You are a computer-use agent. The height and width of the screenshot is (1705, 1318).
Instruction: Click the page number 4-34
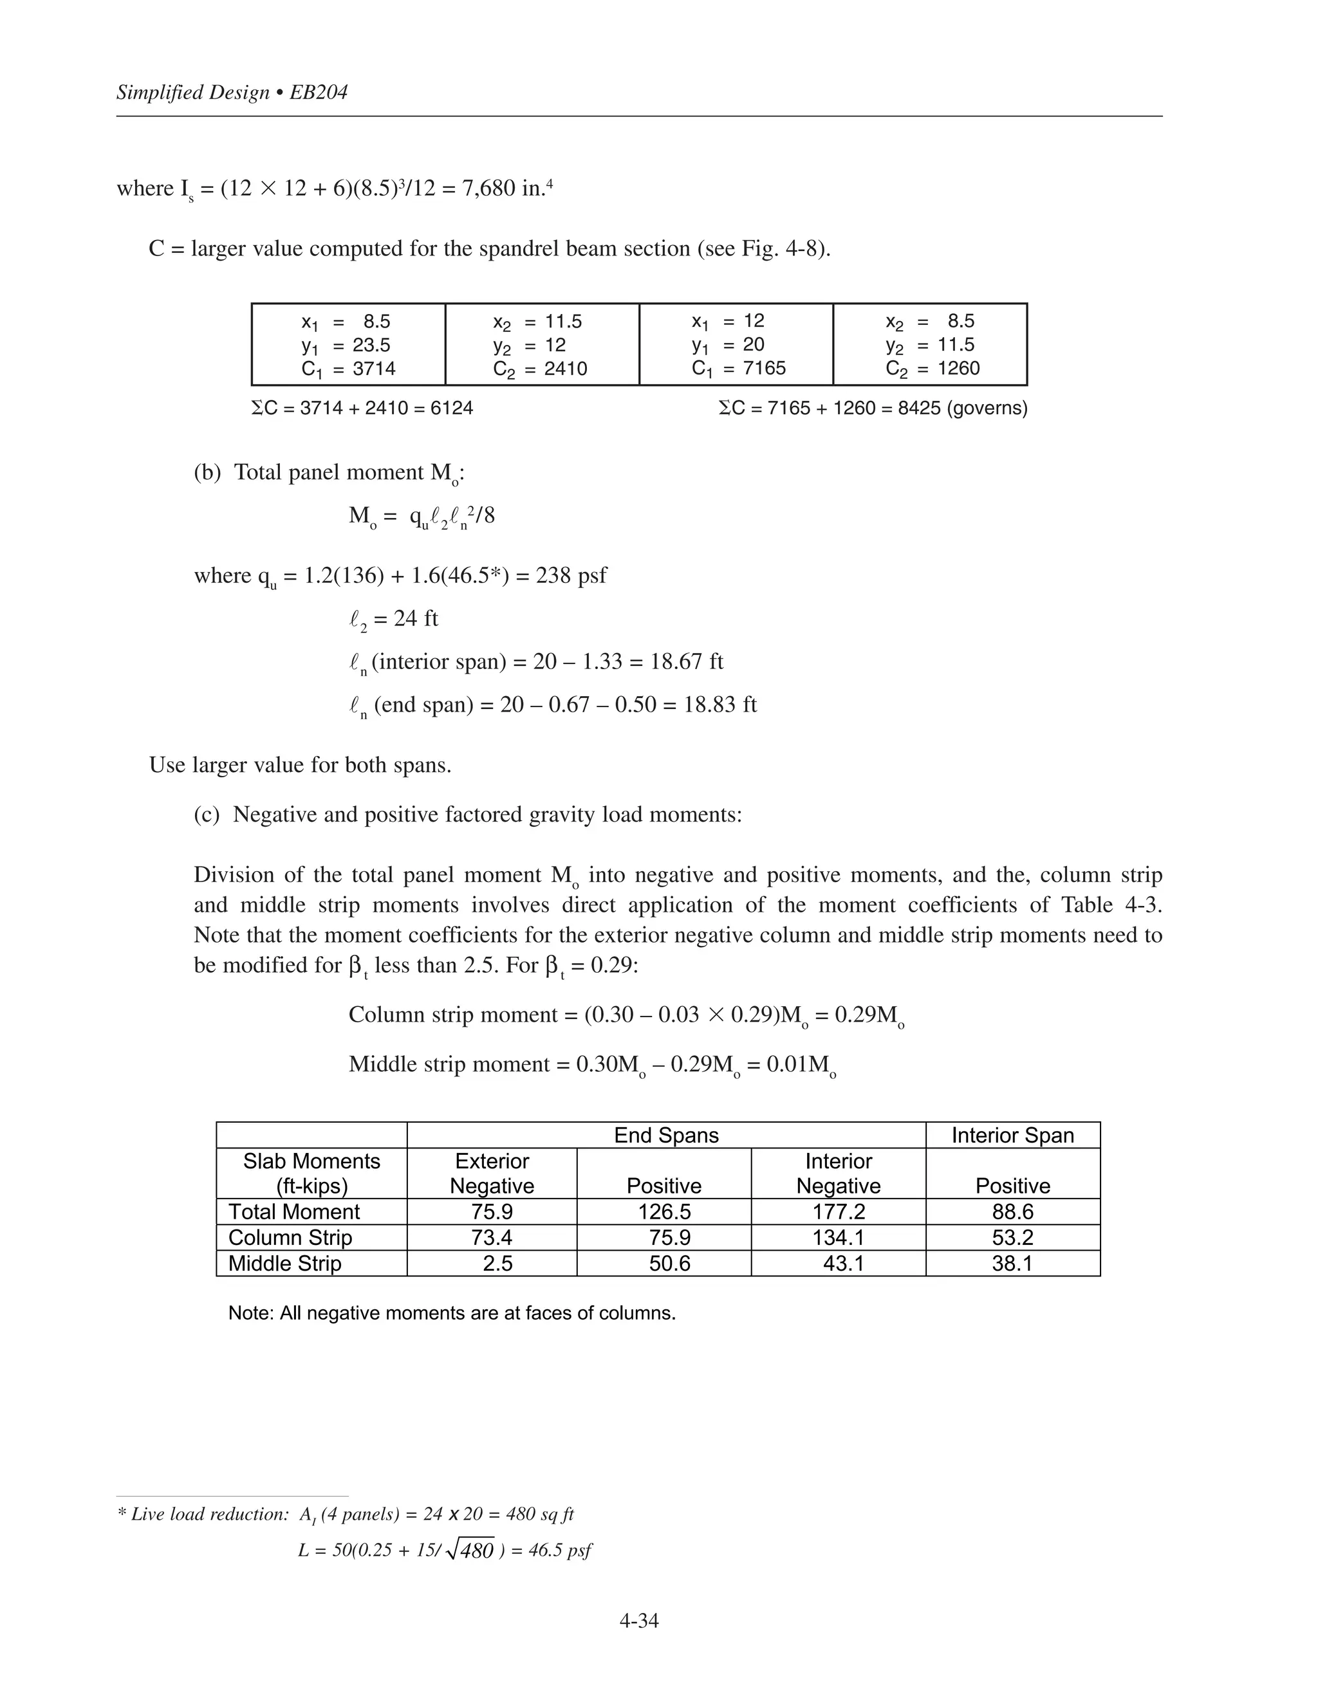638,1621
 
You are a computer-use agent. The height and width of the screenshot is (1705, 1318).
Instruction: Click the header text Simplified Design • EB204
232,92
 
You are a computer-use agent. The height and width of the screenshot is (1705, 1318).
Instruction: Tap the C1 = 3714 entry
348,369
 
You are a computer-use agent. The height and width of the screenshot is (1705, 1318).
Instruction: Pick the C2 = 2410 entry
541,369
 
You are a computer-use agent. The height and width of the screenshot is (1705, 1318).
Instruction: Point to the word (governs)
987,409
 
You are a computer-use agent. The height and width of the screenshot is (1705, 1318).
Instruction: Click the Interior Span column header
1013,1135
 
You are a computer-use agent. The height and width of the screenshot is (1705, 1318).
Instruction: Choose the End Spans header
666,1135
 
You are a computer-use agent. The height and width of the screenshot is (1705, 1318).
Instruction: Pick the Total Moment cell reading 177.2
839,1212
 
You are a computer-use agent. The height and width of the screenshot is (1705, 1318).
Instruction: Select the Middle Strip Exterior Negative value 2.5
497,1263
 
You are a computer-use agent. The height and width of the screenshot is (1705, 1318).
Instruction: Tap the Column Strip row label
290,1237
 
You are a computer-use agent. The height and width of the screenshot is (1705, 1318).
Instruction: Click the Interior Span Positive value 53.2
1013,1237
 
